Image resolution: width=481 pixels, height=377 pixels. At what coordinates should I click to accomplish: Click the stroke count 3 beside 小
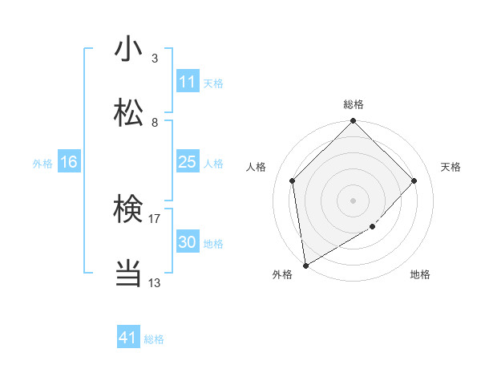click(x=154, y=58)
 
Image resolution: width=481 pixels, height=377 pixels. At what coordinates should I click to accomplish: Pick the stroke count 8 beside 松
click(x=154, y=122)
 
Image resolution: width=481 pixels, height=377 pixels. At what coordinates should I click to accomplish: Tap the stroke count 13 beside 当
click(x=154, y=282)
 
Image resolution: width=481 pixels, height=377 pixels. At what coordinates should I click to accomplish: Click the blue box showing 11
click(x=187, y=82)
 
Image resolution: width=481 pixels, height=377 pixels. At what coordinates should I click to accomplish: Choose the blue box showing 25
click(x=187, y=162)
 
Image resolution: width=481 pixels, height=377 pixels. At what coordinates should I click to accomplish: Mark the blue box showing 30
click(x=187, y=242)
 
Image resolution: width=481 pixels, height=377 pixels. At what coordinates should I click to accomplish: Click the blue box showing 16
click(x=68, y=162)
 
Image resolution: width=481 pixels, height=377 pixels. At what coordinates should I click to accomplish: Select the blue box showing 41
click(x=128, y=338)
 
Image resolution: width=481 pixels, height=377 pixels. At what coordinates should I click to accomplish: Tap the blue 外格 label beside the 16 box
click(x=42, y=163)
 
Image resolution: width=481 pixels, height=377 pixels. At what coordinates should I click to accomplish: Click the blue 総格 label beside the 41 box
click(x=154, y=339)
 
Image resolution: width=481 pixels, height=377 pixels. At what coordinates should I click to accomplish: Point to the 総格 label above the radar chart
click(x=354, y=104)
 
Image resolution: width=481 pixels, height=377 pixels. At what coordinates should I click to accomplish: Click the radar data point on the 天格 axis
click(x=414, y=180)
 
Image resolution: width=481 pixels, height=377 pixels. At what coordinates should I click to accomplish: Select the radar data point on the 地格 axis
click(x=373, y=227)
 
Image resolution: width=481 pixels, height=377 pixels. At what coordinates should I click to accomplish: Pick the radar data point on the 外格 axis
click(x=305, y=266)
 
